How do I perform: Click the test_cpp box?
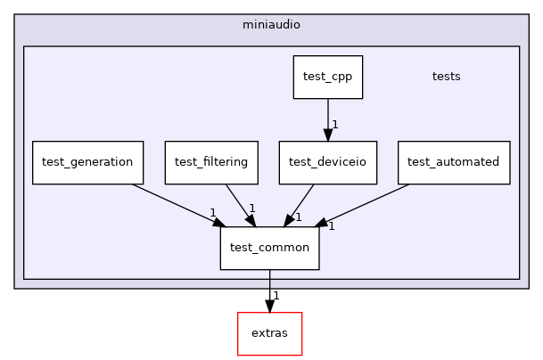pyautogui.click(x=327, y=77)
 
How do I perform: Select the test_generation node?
pyautogui.click(x=87, y=162)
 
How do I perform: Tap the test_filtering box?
pyautogui.click(x=211, y=162)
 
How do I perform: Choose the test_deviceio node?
pyautogui.click(x=327, y=162)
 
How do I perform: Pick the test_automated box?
pyautogui.click(x=454, y=162)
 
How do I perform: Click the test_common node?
pyautogui.click(x=269, y=248)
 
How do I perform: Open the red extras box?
pyautogui.click(x=269, y=333)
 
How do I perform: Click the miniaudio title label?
pyautogui.click(x=271, y=24)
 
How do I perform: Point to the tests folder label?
pyautogui.click(x=446, y=77)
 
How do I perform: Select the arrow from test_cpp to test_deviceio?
pyautogui.click(x=327, y=119)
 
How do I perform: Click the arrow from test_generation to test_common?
pyautogui.click(x=174, y=204)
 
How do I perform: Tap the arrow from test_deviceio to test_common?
pyautogui.click(x=301, y=203)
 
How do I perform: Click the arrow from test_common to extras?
pyautogui.click(x=269, y=290)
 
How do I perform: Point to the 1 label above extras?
pyautogui.click(x=276, y=296)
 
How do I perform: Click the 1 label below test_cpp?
pyautogui.click(x=334, y=125)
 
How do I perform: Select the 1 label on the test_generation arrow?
pyautogui.click(x=213, y=213)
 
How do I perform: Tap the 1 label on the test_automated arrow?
pyautogui.click(x=331, y=226)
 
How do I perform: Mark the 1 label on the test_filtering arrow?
pyautogui.click(x=252, y=209)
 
